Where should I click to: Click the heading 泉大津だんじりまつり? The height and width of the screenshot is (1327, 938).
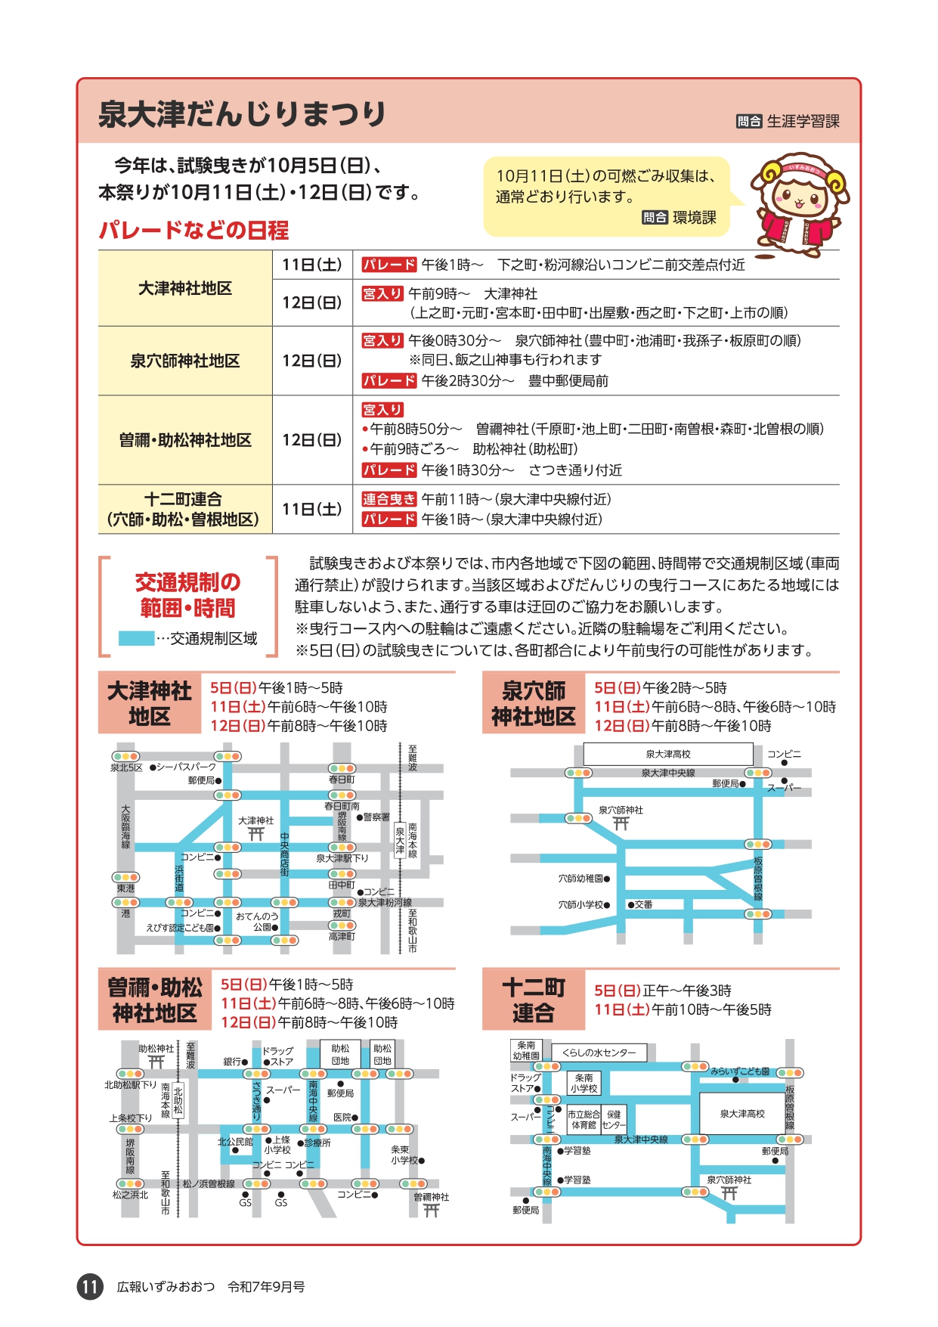(x=242, y=113)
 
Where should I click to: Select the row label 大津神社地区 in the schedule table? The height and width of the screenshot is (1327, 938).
(x=185, y=288)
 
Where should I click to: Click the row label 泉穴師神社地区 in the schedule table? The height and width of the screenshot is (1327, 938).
(x=185, y=361)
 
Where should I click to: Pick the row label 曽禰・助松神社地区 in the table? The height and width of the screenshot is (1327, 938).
(x=185, y=440)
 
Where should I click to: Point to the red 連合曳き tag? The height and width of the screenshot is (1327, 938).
(x=389, y=499)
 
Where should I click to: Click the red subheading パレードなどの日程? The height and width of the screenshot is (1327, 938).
(x=193, y=230)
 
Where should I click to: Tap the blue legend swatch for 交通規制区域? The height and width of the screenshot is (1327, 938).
(x=136, y=638)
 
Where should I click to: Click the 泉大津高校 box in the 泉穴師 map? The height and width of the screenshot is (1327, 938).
(x=668, y=754)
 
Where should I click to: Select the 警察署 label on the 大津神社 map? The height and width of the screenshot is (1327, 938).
(x=376, y=817)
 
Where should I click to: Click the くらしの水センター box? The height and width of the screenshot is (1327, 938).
(x=599, y=1053)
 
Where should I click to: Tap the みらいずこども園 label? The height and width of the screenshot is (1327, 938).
(x=740, y=1071)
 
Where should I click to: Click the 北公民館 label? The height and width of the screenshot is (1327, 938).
(x=235, y=1142)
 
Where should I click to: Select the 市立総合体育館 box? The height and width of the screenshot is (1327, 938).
(x=584, y=1119)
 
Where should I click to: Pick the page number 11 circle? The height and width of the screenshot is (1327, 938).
(x=90, y=1286)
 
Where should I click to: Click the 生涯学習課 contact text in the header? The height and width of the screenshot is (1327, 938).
(x=803, y=121)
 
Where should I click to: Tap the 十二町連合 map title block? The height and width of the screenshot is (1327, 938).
(x=534, y=1000)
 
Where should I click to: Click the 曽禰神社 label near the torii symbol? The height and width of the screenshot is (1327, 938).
(x=432, y=1197)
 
